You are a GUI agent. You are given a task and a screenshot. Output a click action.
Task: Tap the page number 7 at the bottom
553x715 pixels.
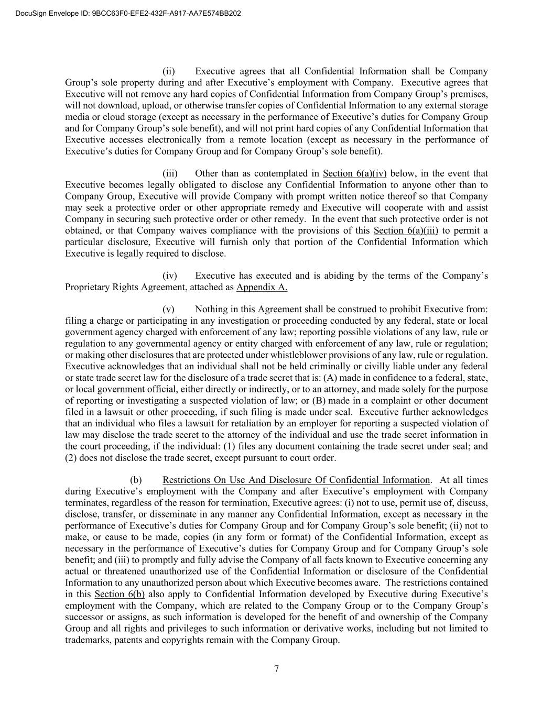(x=276, y=668)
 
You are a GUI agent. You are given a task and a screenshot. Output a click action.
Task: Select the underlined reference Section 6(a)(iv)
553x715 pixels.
(x=354, y=173)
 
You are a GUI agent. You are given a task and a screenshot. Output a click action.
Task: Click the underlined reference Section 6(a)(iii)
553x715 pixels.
(x=404, y=230)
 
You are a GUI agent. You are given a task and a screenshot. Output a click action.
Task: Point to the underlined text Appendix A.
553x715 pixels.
(x=262, y=287)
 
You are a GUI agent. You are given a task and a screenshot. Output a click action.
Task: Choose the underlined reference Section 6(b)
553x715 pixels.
(x=120, y=594)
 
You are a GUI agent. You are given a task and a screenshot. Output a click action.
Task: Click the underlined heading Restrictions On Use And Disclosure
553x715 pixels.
(x=296, y=480)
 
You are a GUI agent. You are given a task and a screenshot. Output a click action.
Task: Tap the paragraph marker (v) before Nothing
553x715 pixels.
(x=170, y=309)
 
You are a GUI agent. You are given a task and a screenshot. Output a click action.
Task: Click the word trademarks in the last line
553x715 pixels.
(x=87, y=640)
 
